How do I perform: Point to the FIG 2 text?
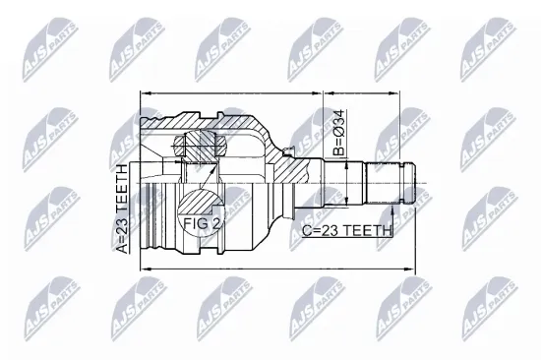pos(203,224)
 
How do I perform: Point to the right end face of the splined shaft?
pos(414,183)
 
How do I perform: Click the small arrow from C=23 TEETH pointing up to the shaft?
pos(393,211)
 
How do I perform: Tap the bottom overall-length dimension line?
pos(275,267)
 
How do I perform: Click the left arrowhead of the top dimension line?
pos(145,94)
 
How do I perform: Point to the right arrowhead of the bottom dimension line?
pos(410,267)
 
